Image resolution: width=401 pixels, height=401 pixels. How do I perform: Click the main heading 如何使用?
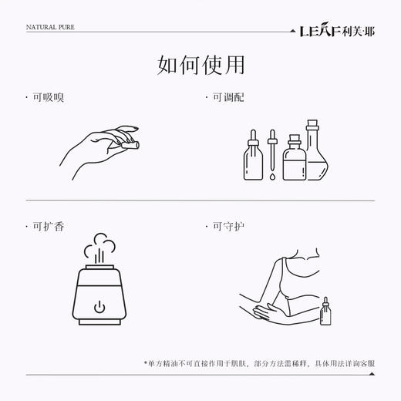(200, 65)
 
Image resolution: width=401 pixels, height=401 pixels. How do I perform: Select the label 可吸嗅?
(47, 98)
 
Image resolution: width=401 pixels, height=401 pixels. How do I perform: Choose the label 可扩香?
(47, 226)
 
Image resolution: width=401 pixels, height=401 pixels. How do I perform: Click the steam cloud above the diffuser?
(99, 247)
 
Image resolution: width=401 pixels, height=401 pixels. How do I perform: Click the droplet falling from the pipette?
(272, 177)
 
